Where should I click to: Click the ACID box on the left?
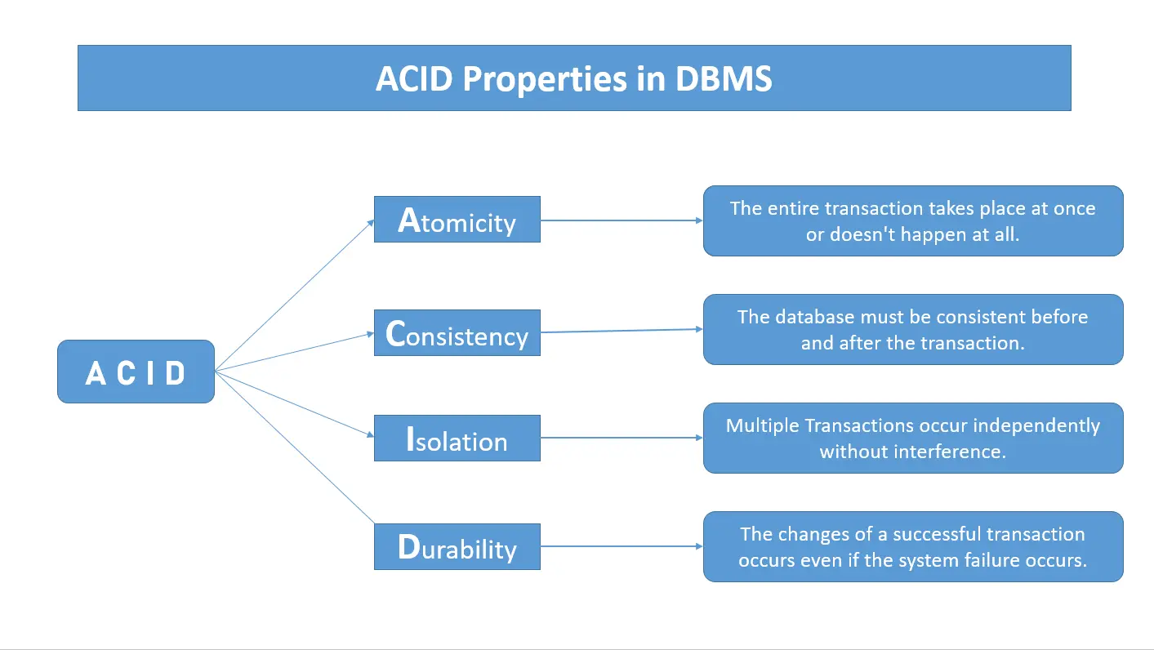pos(136,372)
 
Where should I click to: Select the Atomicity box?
pos(457,220)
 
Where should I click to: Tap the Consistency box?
pos(457,333)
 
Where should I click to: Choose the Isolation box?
pos(457,439)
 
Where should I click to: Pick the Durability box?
pos(457,547)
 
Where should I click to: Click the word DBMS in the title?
pos(724,79)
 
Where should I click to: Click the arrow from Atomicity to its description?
pos(621,220)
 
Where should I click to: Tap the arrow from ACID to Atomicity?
pos(294,296)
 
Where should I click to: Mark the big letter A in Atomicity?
pos(408,220)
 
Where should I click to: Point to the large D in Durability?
pos(408,546)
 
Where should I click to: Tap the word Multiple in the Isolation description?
pos(763,425)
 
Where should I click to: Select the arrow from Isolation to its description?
pos(621,438)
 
